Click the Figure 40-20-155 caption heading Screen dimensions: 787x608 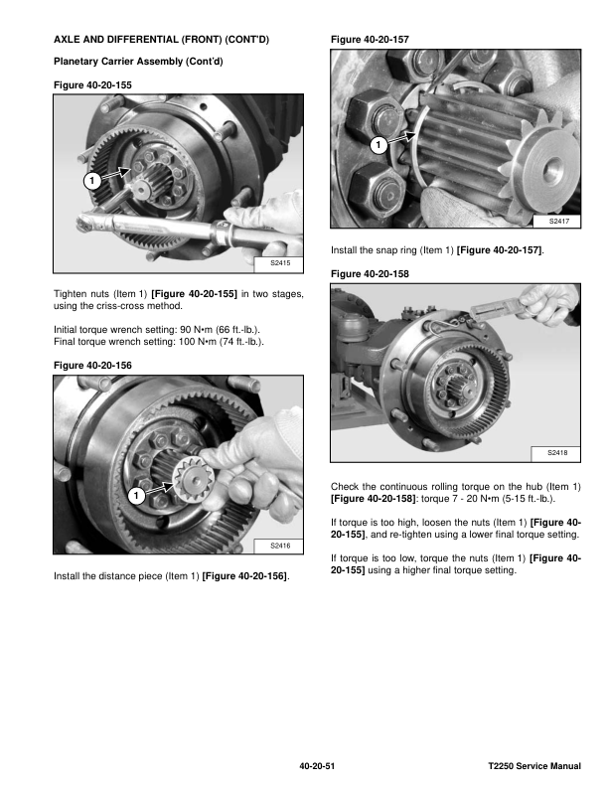point(90,85)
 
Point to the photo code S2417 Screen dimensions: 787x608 point(557,221)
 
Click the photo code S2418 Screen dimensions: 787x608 point(557,453)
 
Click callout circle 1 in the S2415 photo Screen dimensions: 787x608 point(89,182)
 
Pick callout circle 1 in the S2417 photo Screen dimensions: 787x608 point(379,146)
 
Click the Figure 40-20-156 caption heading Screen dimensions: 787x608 point(90,367)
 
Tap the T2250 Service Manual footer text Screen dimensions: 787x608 point(534,767)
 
